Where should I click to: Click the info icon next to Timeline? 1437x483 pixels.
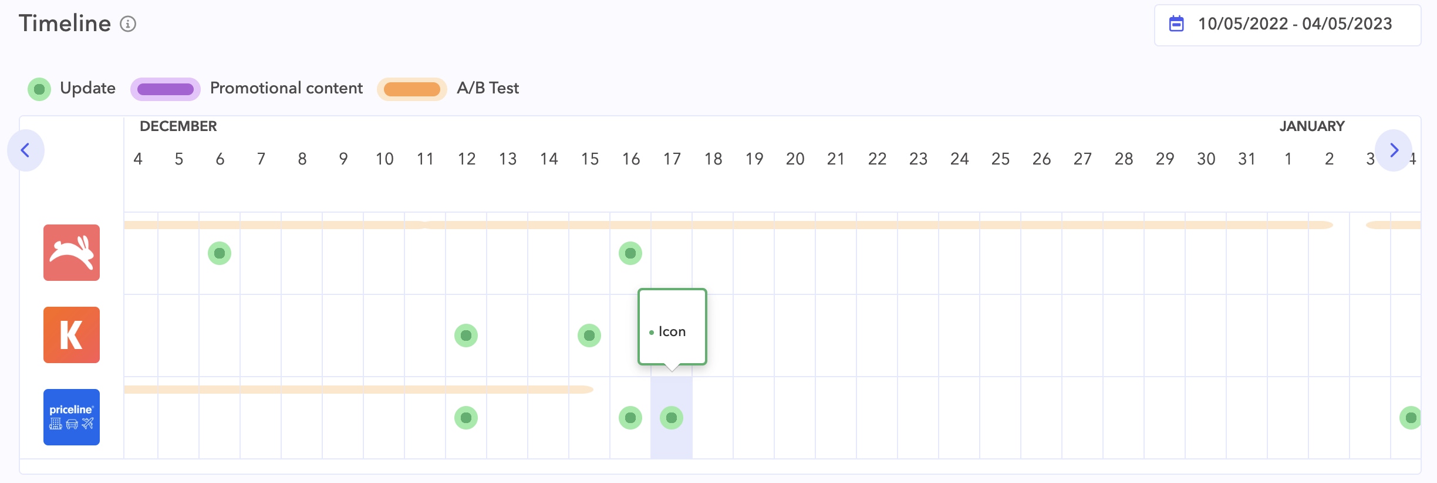coord(128,24)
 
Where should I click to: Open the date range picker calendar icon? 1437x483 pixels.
coord(1176,24)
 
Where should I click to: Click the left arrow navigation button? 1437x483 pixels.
coord(25,150)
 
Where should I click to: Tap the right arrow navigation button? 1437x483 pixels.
coord(1394,150)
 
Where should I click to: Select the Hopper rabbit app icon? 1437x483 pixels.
coord(72,253)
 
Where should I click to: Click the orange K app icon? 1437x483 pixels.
coord(72,335)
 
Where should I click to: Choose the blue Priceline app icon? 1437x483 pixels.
coord(72,417)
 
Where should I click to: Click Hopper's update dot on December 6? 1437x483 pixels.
coord(220,253)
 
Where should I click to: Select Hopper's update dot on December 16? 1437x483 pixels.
coord(630,253)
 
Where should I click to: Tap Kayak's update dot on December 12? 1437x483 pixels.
coord(466,336)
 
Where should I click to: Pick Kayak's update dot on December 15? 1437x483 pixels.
coord(589,336)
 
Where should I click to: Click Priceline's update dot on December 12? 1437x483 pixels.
coord(466,418)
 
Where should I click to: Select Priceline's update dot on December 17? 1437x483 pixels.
coord(672,418)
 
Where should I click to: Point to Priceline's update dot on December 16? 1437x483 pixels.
coord(630,418)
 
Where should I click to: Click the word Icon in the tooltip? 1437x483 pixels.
coord(672,332)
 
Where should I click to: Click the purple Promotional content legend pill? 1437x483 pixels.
coord(166,89)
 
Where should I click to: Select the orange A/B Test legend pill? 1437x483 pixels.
coord(412,89)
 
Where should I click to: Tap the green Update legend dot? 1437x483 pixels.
coord(39,89)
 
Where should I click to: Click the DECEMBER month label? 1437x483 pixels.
coord(178,126)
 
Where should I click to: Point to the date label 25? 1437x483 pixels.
coord(1000,159)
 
